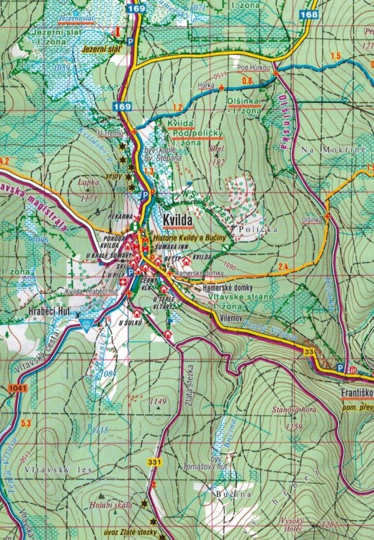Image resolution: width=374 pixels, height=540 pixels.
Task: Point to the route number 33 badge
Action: (x=309, y=351)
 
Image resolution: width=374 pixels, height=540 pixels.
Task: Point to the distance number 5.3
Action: (x=27, y=423)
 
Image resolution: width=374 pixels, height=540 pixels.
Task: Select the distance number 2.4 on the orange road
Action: (x=283, y=268)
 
